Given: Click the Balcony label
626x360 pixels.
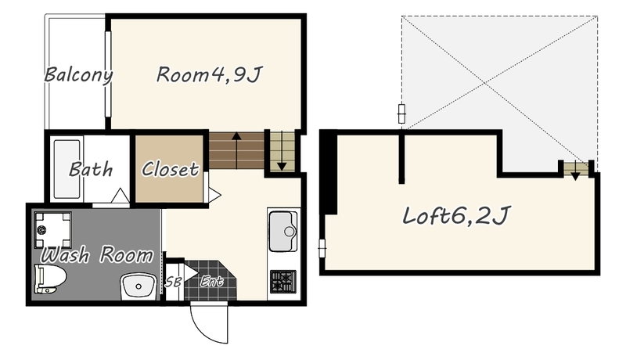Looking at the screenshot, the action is (x=78, y=75).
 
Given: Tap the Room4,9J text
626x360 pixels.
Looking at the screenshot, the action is (x=209, y=74).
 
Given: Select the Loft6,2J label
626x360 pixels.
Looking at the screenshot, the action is (x=456, y=216).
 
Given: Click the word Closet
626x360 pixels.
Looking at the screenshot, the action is (x=170, y=169).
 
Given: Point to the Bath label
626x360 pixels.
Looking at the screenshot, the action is (x=91, y=170).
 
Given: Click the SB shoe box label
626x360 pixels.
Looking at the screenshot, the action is (x=173, y=282).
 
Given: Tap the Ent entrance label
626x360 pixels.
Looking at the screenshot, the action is (x=211, y=282).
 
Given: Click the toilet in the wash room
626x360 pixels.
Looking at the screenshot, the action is (x=50, y=279).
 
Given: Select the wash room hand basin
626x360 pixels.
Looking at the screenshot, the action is (x=139, y=286).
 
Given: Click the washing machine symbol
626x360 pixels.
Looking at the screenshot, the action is (x=52, y=230).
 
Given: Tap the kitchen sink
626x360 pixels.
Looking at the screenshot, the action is (x=283, y=231).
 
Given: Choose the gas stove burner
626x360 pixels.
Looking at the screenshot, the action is (x=283, y=282).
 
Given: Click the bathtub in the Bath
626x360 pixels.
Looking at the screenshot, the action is (x=67, y=169).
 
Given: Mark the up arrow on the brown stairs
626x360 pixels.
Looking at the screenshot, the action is (x=237, y=150).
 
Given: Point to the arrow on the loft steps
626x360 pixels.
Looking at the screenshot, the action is (x=575, y=171).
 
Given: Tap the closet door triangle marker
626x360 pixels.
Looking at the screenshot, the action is (x=214, y=195).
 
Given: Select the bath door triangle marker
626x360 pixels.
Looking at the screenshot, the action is (x=120, y=195).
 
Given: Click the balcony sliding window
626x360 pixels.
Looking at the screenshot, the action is (x=107, y=74).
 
